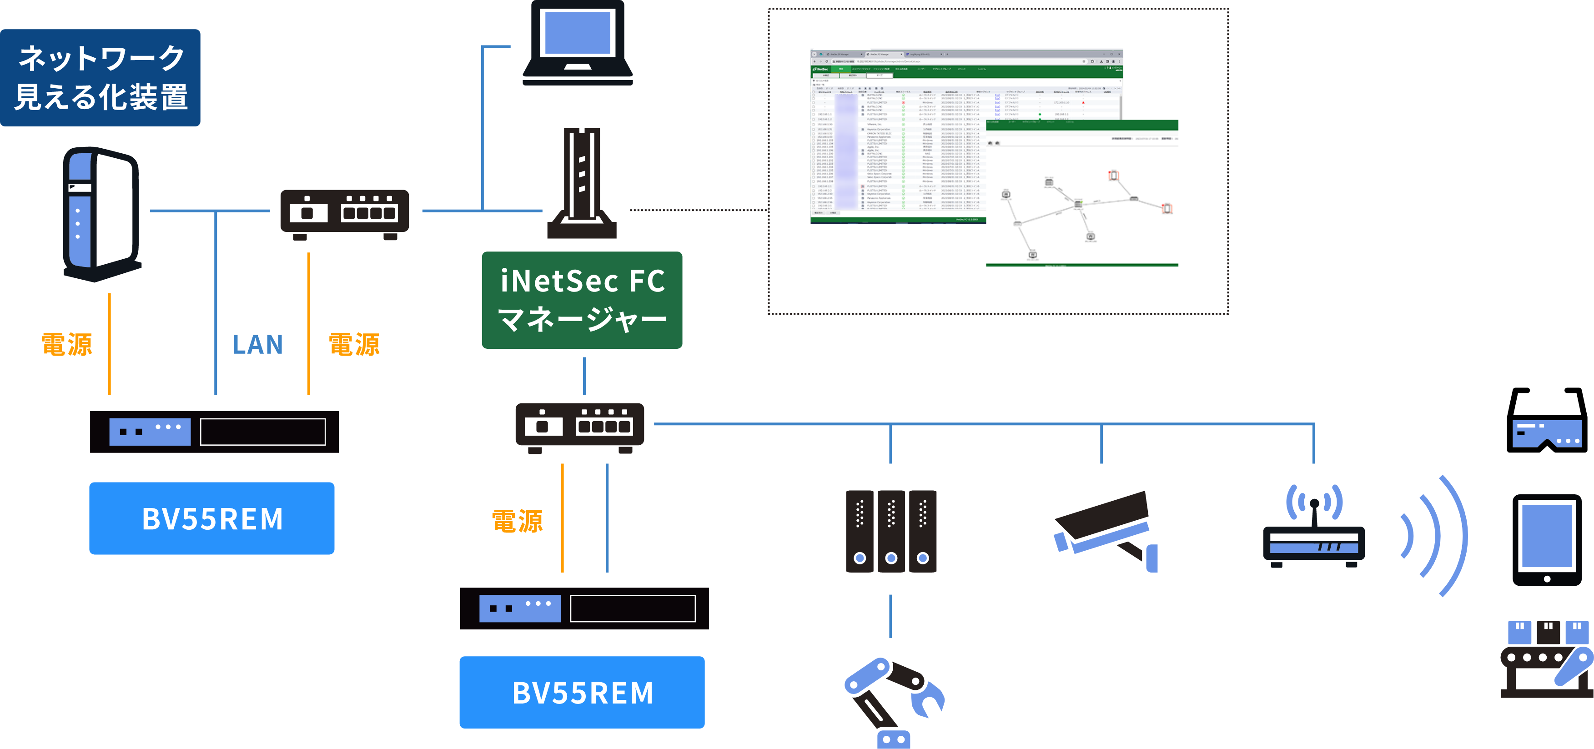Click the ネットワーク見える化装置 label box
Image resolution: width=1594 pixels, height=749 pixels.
coord(100,78)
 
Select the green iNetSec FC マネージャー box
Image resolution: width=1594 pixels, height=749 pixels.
coord(582,300)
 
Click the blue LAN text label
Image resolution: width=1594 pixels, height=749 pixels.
coord(257,345)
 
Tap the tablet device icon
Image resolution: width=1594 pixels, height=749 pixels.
coord(1547,542)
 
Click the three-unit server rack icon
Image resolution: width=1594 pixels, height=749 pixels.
coord(891,531)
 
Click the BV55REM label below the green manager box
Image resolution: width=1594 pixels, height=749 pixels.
coord(582,693)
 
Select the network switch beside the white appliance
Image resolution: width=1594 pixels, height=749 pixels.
coord(345,214)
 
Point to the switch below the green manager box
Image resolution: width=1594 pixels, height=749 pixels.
coord(580,427)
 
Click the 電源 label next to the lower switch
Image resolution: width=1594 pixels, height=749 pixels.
coord(517,522)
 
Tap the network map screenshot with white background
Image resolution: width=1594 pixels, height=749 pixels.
coord(1081,194)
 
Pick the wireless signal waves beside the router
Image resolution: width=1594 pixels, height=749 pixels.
coord(1434,535)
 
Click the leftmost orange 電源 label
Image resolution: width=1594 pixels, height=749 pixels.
coord(67,345)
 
